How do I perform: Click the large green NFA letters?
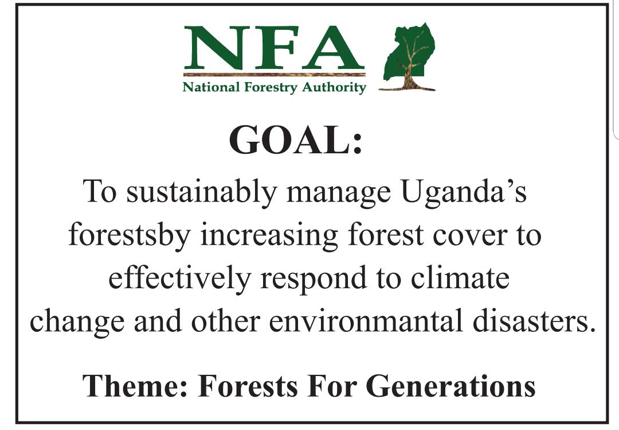(x=273, y=48)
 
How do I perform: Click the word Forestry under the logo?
(x=271, y=87)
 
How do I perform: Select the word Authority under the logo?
(x=334, y=87)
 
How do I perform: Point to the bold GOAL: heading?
(x=296, y=140)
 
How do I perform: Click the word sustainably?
(x=201, y=193)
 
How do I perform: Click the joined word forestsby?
(x=130, y=235)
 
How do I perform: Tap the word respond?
(x=314, y=279)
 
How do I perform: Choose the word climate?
(x=460, y=277)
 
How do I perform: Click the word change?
(x=77, y=321)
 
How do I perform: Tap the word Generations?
(x=450, y=385)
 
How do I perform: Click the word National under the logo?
(x=211, y=87)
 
